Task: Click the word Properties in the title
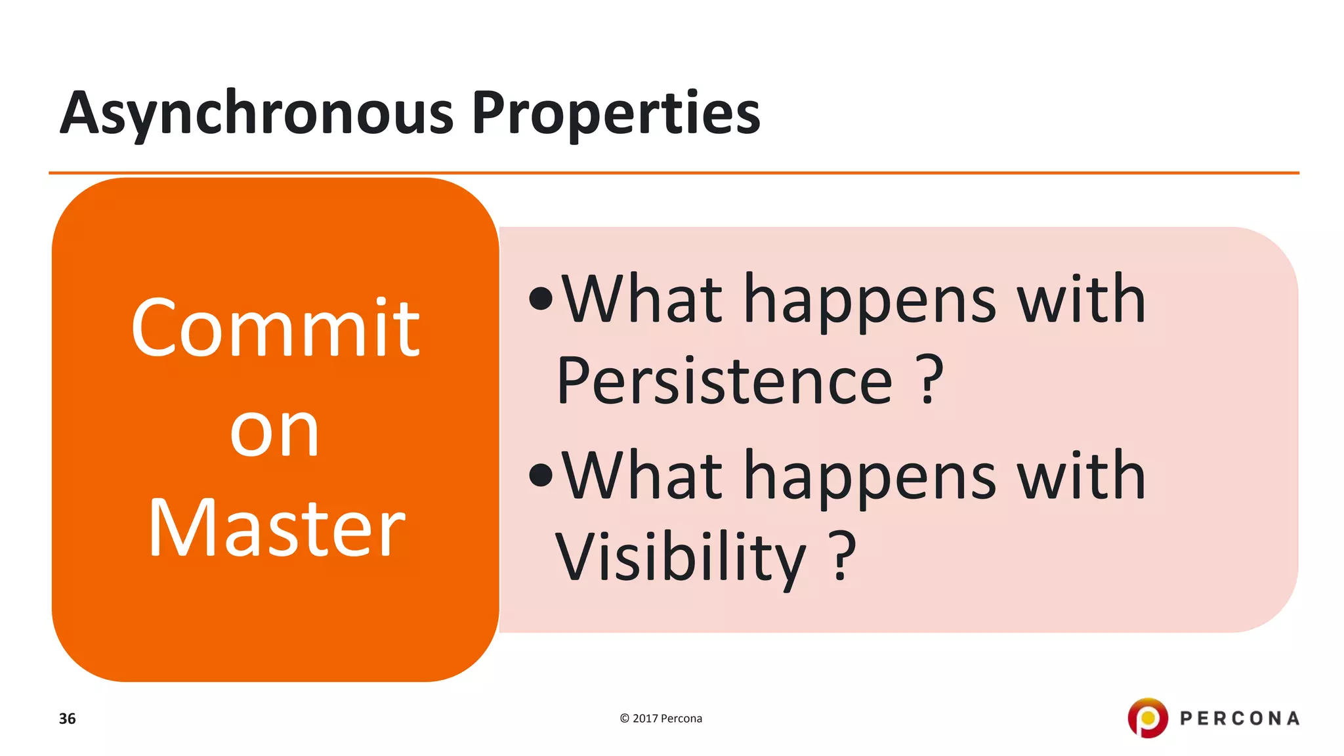click(616, 113)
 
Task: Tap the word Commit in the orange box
click(275, 328)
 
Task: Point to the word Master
click(276, 529)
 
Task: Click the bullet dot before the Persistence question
click(541, 299)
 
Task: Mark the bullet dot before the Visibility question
click(541, 475)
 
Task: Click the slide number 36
click(67, 719)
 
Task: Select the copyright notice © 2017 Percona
click(661, 719)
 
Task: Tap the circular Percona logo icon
click(1148, 718)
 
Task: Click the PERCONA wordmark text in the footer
click(1240, 719)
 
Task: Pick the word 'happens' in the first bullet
click(870, 301)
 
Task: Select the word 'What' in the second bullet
click(642, 476)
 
